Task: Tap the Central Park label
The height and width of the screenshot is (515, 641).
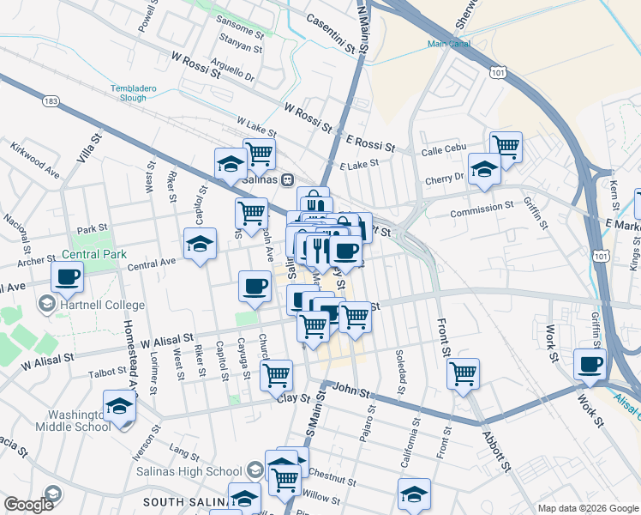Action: (93, 254)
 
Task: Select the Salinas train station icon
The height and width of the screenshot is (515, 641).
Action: (288, 179)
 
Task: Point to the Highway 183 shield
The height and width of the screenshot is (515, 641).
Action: (51, 101)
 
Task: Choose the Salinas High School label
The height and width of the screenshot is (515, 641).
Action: (189, 470)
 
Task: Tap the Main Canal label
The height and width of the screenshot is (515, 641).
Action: (449, 44)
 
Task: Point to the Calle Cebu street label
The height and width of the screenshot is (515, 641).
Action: (443, 152)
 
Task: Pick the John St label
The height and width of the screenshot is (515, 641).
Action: (351, 391)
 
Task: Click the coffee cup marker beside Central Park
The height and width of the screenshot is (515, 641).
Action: (68, 276)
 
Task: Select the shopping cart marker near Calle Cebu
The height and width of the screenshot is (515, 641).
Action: (506, 145)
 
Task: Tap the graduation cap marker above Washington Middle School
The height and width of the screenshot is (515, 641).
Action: (119, 404)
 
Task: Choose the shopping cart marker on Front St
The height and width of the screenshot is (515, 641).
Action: (463, 373)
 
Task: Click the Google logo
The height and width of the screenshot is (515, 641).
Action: (29, 505)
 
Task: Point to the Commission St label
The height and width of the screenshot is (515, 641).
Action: (481, 209)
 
